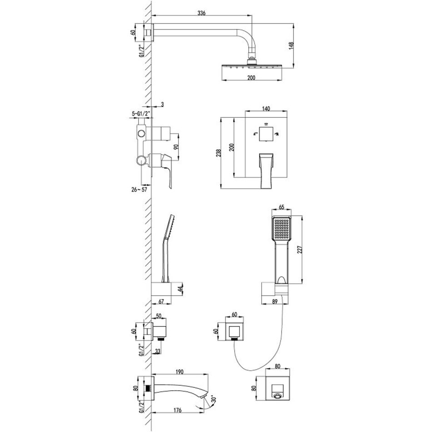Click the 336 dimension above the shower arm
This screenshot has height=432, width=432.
tap(201, 13)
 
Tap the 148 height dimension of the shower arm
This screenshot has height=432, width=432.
tap(291, 46)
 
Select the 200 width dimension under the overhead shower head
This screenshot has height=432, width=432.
tap(251, 78)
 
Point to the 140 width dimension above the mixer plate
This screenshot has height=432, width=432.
tap(266, 109)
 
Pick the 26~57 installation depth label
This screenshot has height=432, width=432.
tap(140, 190)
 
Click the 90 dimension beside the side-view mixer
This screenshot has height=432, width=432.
tap(176, 146)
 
